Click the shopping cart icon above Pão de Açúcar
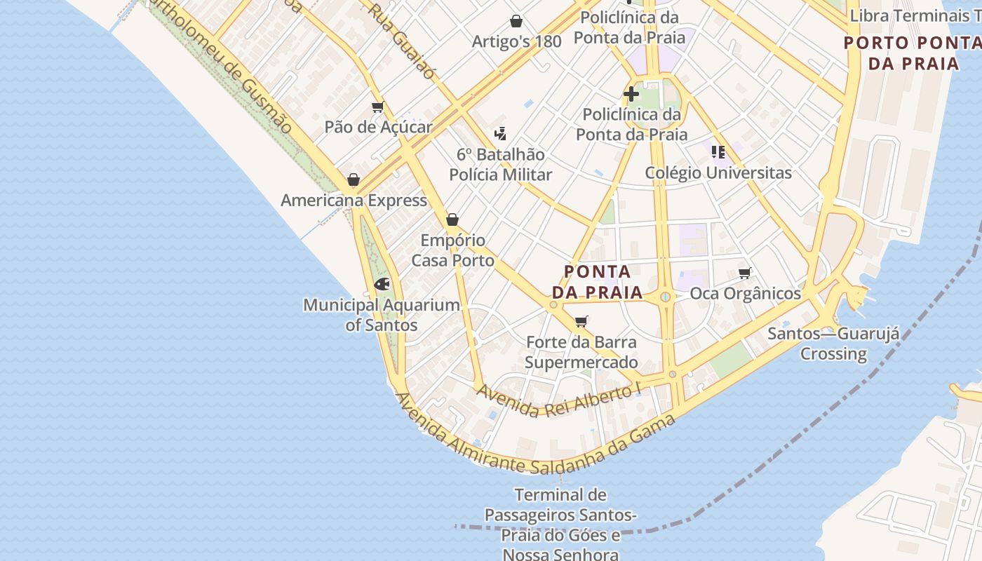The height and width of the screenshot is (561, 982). (x=378, y=107)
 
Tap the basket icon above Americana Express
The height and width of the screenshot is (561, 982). (x=354, y=180)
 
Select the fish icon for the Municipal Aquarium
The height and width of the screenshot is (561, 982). (x=382, y=284)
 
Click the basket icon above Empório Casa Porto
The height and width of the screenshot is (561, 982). (x=452, y=219)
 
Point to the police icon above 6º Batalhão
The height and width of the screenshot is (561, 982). (x=500, y=133)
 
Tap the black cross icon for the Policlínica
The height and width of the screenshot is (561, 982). (x=631, y=93)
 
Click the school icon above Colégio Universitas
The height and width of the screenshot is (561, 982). (x=718, y=151)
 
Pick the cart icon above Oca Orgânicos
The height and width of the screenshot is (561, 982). (x=745, y=273)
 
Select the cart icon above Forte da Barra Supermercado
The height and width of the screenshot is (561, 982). (x=581, y=322)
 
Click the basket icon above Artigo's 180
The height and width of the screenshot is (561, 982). (x=516, y=21)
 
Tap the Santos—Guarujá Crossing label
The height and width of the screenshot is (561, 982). (x=833, y=343)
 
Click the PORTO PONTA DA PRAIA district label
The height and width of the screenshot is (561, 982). (x=913, y=53)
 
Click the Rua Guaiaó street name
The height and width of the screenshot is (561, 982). (x=403, y=41)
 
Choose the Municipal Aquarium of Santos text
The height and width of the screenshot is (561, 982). (x=382, y=315)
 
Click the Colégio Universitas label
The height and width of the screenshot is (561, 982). (x=718, y=173)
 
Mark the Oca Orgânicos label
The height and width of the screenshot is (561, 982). (x=745, y=293)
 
